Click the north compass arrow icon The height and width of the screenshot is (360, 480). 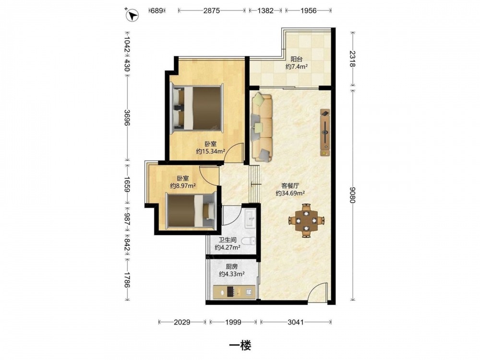click(132, 15)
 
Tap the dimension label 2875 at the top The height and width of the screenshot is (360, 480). click(212, 11)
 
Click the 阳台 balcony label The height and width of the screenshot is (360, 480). click(296, 59)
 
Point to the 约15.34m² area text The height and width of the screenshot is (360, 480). click(211, 151)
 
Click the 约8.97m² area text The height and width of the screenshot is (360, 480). click(183, 185)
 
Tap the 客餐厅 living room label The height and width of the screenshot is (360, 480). click(290, 186)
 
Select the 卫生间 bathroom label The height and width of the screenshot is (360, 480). click(228, 240)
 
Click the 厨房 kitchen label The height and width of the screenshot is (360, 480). click(232, 266)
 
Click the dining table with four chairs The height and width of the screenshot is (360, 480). click(306, 220)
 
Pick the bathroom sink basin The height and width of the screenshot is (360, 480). click(251, 218)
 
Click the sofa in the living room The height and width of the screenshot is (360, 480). click(262, 127)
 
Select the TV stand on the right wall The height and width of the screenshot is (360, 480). click(325, 132)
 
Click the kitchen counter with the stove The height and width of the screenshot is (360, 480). click(234, 291)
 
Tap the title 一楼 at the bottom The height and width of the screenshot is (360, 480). click(240, 346)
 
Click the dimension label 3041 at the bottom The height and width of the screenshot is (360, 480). click(296, 322)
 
